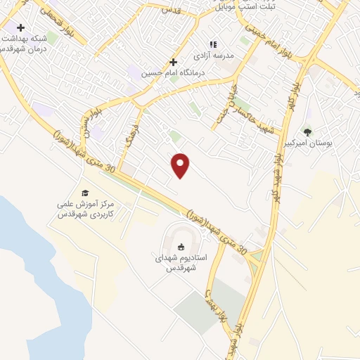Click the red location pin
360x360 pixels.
point(181,165)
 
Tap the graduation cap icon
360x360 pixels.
point(85,193)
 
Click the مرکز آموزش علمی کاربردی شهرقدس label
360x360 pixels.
point(84,209)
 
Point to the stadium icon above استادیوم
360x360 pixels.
point(181,247)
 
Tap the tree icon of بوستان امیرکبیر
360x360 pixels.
point(307,131)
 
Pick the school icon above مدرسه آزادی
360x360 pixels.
point(213,44)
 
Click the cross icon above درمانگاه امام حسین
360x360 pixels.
point(173,62)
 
